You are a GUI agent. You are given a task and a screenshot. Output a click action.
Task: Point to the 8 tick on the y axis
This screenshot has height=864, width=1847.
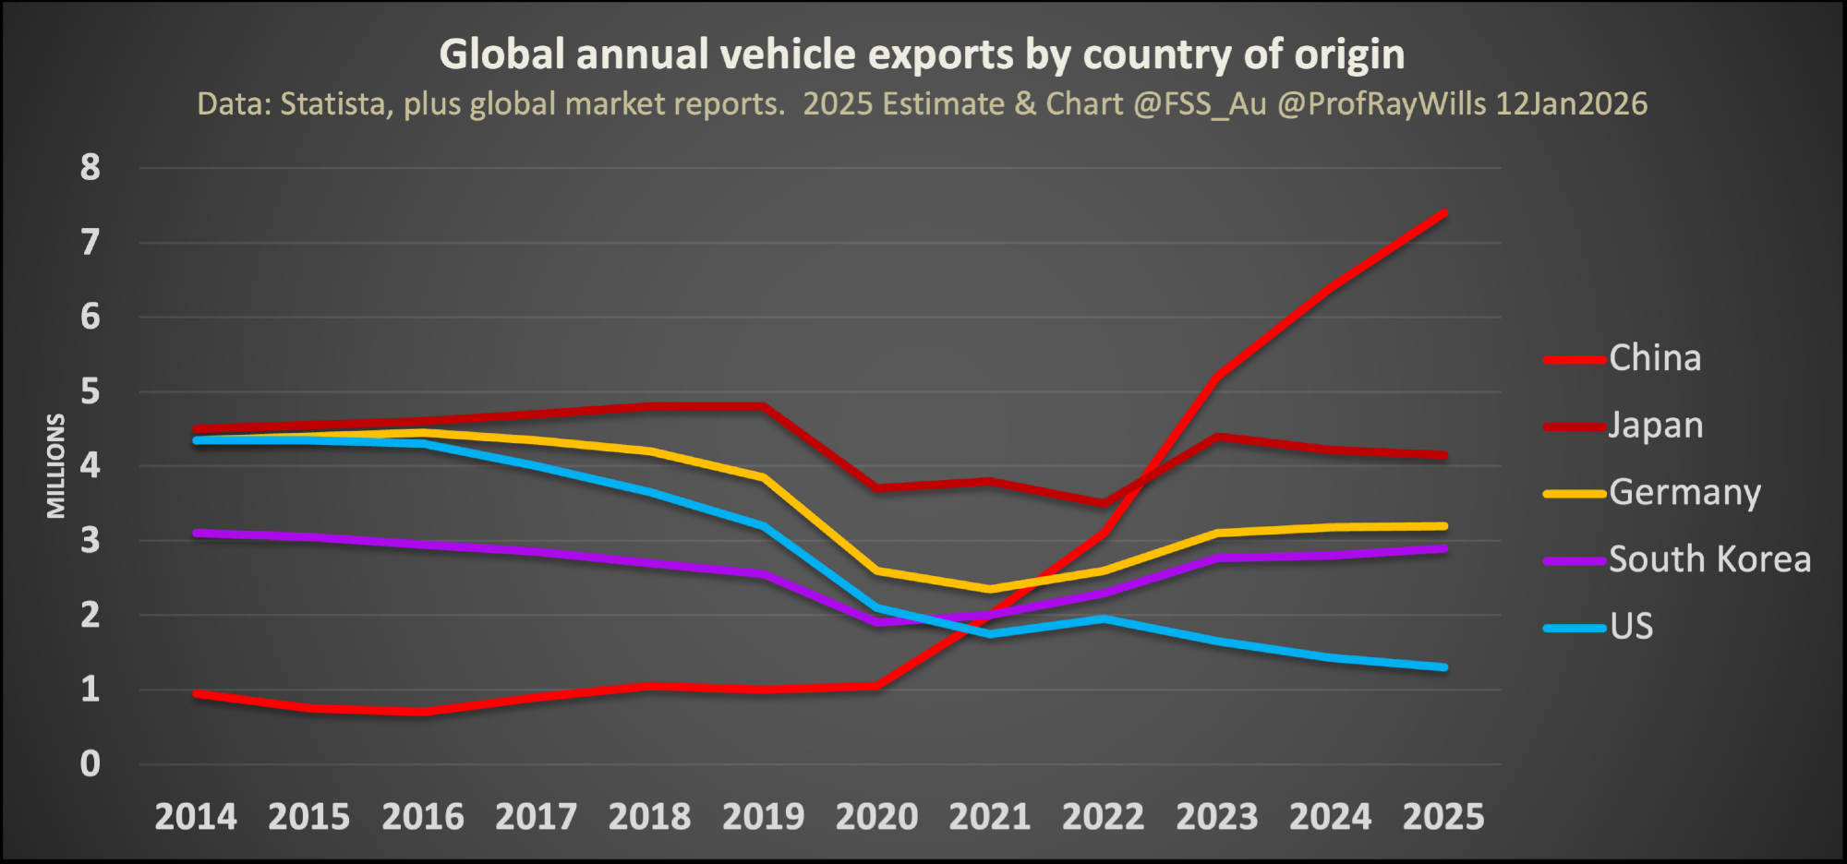pyautogui.click(x=90, y=168)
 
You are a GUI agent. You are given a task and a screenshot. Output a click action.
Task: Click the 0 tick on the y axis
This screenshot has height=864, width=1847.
pyautogui.click(x=90, y=764)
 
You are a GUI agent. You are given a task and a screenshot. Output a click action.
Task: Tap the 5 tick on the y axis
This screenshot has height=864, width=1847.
pyautogui.click(x=90, y=391)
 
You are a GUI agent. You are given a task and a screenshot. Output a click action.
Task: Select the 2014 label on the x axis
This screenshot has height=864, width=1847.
pyautogui.click(x=196, y=817)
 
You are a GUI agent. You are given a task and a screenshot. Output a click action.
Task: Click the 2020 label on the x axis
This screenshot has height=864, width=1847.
pyautogui.click(x=876, y=817)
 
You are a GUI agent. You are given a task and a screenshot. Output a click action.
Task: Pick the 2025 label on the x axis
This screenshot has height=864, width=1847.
pyautogui.click(x=1443, y=817)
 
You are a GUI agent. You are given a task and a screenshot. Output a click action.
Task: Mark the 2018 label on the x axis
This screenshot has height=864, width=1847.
pyautogui.click(x=649, y=817)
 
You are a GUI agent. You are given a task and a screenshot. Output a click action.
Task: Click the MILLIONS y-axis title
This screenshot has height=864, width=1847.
pyautogui.click(x=56, y=466)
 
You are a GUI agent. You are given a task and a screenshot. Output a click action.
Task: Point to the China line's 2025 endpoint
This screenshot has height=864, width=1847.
pyautogui.click(x=1443, y=213)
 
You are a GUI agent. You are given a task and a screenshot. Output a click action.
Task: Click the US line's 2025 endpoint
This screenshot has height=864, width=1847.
pyautogui.click(x=1443, y=666)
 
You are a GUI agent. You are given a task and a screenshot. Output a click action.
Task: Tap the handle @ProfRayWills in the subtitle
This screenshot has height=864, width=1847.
pyautogui.click(x=1382, y=103)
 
